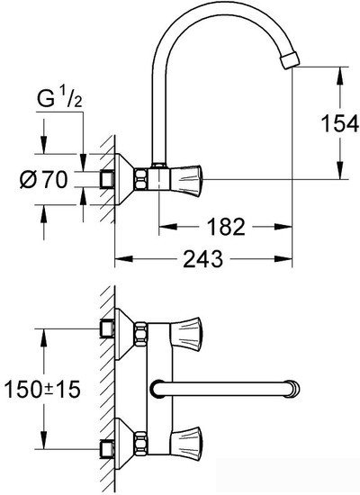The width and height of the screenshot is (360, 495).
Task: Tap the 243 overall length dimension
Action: pyautogui.click(x=204, y=260)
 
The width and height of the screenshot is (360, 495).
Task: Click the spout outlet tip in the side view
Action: pyautogui.click(x=286, y=60)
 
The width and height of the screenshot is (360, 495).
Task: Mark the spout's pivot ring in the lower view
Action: pyautogui.click(x=157, y=388)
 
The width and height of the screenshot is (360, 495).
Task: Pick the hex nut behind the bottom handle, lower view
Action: pyautogui.click(x=142, y=444)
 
